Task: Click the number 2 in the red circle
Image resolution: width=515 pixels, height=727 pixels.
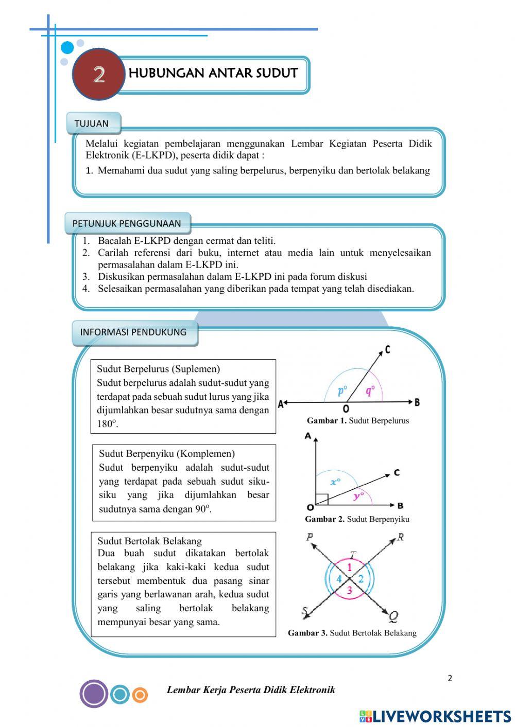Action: [x=99, y=75]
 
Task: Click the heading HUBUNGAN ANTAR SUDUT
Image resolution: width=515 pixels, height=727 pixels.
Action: [x=213, y=73]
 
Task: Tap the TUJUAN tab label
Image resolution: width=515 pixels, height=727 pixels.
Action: [x=92, y=123]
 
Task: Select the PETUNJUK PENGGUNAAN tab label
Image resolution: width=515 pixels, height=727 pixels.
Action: [x=127, y=223]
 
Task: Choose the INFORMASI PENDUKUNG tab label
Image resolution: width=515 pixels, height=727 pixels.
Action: [x=133, y=332]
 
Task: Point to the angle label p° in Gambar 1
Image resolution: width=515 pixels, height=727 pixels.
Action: [x=342, y=391]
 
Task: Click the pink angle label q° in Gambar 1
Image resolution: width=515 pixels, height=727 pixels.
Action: [x=370, y=391]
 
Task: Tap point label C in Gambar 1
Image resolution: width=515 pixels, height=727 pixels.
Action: [x=387, y=350]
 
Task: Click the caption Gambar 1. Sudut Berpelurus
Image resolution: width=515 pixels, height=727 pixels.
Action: [x=357, y=420]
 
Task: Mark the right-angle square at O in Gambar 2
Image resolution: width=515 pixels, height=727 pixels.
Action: [x=321, y=500]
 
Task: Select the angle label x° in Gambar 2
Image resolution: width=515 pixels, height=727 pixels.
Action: [x=335, y=482]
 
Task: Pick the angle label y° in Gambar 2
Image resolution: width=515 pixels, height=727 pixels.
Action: [x=359, y=496]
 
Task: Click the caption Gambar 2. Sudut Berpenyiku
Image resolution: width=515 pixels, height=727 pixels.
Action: [x=357, y=519]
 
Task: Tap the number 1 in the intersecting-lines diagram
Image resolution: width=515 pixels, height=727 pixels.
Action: [x=350, y=568]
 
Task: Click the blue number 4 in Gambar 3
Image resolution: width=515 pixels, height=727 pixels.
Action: [x=339, y=579]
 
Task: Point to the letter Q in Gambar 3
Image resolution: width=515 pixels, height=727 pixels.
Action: [x=393, y=616]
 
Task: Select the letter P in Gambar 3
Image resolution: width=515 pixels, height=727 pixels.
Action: [x=310, y=537]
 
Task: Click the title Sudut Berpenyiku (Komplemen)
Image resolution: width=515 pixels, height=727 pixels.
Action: [x=167, y=453]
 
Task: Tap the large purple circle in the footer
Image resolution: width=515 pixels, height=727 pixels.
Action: [x=94, y=694]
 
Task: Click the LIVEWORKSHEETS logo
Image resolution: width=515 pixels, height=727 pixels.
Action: [x=435, y=716]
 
